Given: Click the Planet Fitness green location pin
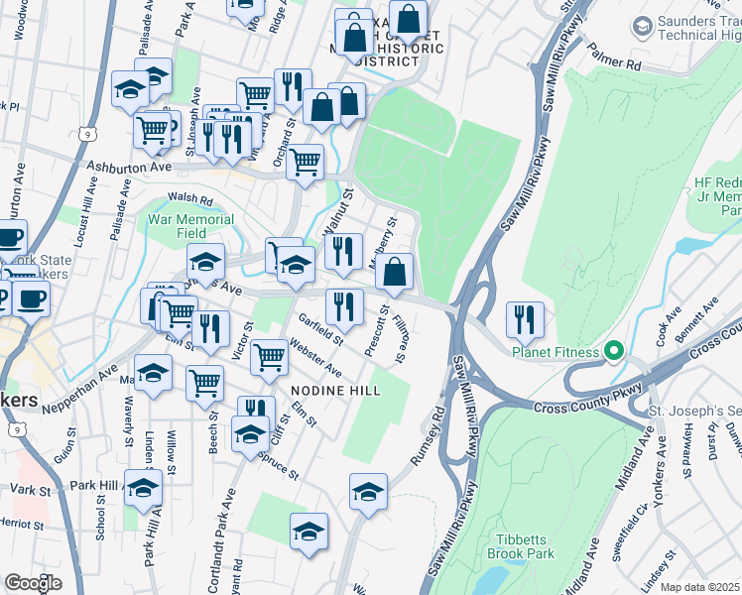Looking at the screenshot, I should click(x=614, y=352).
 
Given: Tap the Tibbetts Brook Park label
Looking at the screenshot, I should click(x=521, y=546).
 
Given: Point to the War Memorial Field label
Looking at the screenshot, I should click(x=191, y=226).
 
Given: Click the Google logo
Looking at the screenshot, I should click(x=33, y=583).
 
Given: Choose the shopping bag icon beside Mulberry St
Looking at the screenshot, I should click(x=395, y=271).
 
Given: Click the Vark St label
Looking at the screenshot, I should click(x=30, y=490).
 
